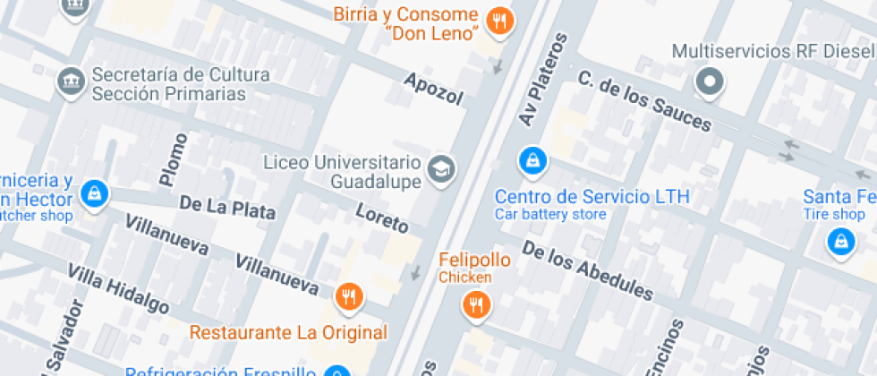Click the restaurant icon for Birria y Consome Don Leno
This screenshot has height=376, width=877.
[499, 20]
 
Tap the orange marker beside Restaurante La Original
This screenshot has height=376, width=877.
[348, 295]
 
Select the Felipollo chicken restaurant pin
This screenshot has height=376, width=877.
[476, 305]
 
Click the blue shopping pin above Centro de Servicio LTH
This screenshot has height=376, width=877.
[533, 161]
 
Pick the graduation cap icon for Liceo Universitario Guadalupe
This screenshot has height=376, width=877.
[440, 167]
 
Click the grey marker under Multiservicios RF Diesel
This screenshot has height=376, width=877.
[710, 82]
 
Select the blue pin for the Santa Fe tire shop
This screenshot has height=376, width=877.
[840, 240]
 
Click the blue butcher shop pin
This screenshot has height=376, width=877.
[94, 192]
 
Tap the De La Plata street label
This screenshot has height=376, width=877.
[227, 208]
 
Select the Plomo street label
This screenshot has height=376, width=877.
[173, 159]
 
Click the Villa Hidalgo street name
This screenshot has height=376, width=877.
[118, 288]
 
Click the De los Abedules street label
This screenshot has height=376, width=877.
[587, 269]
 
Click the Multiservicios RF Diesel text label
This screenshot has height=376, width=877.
[773, 51]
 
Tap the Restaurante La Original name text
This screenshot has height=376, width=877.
[288, 333]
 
